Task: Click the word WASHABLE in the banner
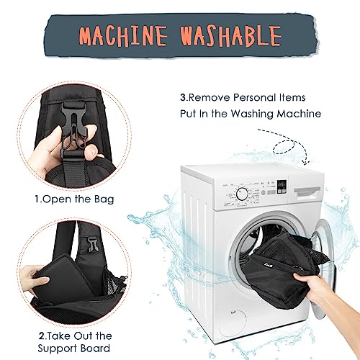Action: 231,36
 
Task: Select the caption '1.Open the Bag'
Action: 74,199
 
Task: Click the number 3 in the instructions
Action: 183,98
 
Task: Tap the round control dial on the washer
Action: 242,194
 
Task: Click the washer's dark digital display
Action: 282,186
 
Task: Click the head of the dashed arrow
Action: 305,162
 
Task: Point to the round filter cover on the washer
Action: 233,323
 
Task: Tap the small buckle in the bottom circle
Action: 94,244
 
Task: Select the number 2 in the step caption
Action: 42,336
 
